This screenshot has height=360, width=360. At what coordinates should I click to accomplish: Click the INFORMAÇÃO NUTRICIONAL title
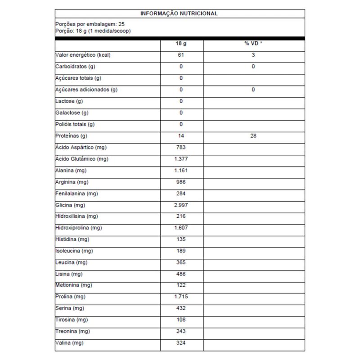click(179, 13)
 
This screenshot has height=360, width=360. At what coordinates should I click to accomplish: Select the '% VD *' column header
click(253, 43)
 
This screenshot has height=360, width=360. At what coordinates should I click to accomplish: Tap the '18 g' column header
click(181, 43)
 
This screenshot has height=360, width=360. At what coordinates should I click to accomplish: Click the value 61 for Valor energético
click(181, 55)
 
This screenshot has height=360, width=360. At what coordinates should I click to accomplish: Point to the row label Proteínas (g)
click(71, 135)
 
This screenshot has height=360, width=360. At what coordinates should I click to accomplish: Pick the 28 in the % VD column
click(253, 135)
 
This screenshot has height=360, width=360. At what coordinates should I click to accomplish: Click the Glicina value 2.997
click(181, 205)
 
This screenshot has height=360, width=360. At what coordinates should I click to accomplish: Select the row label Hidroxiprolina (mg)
click(78, 228)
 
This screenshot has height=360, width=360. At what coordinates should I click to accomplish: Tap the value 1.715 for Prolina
click(181, 297)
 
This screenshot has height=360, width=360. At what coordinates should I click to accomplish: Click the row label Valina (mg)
click(69, 343)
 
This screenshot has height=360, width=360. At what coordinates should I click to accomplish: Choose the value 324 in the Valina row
click(181, 343)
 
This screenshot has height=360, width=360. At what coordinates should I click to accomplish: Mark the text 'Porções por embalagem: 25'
click(90, 24)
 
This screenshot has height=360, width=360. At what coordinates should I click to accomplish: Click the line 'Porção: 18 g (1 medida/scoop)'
click(93, 31)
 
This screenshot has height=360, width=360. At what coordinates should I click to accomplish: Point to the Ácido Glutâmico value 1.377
click(181, 159)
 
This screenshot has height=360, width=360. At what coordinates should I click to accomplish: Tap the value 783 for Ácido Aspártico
click(181, 147)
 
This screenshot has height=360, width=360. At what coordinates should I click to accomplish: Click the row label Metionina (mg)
click(74, 285)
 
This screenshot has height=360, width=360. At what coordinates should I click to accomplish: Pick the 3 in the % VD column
click(253, 55)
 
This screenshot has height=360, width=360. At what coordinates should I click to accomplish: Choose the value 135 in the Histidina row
click(181, 239)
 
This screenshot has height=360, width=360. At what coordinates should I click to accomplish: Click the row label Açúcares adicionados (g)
click(86, 90)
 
